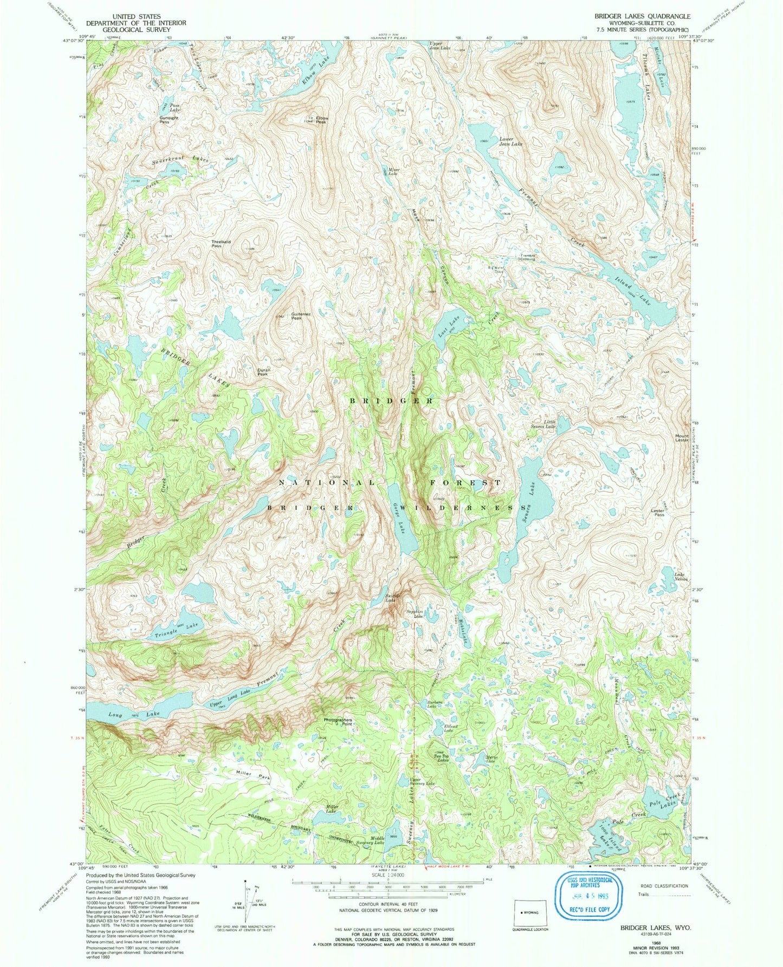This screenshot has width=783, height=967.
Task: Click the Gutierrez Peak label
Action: click(304, 316)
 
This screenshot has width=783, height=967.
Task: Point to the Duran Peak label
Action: click(263, 372)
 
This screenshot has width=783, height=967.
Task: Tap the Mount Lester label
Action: click(682, 438)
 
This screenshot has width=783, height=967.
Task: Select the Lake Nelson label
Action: click(681, 577)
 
